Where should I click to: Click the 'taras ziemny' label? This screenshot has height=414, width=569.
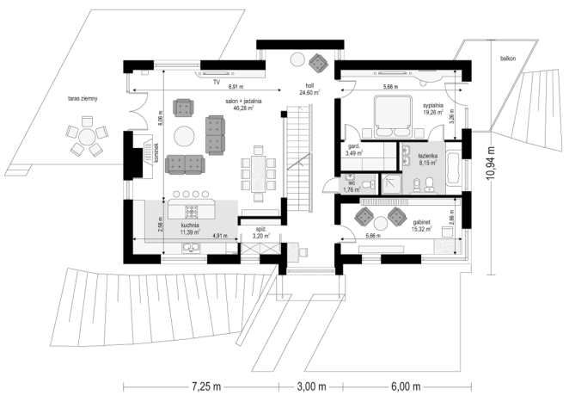[x=83, y=98]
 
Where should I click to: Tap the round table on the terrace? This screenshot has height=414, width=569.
[x=87, y=137]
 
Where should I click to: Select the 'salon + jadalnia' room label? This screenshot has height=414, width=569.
[x=243, y=102]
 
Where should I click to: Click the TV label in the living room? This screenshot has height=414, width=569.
[x=217, y=83]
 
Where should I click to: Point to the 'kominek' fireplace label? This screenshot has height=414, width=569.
[x=156, y=152]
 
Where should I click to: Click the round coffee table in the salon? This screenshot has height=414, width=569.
[x=184, y=136]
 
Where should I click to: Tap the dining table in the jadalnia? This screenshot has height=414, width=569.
[x=258, y=174]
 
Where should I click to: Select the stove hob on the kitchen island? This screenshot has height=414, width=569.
[x=192, y=211]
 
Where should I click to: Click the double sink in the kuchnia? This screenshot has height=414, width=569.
[x=191, y=248]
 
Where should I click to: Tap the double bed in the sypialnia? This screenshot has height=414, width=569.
[x=393, y=117]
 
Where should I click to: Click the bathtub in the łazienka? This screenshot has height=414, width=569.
[x=454, y=169]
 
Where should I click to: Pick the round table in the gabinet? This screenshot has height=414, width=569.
[x=381, y=223]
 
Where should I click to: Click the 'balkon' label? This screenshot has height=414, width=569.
[x=508, y=59]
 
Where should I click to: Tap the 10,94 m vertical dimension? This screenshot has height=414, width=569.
[x=491, y=163]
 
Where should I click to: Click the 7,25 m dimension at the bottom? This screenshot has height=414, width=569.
[x=206, y=386]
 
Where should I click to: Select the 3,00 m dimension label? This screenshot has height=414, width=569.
[x=311, y=386]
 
